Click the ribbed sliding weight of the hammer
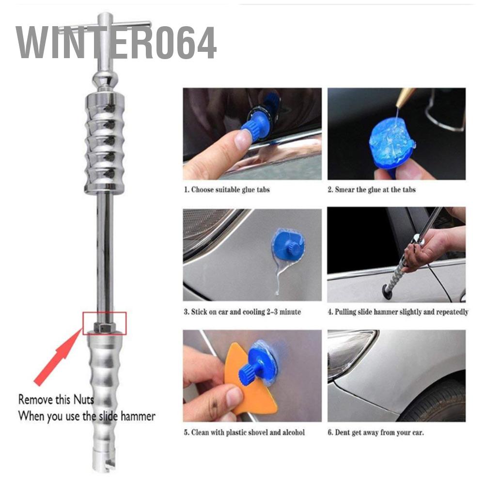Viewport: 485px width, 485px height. pos(104,143)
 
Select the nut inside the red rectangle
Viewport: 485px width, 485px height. pos(104,326)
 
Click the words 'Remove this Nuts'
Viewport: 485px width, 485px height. pos(56,400)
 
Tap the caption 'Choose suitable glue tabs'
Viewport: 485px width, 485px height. pos(226,189)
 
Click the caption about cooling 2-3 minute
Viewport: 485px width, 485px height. pos(242,312)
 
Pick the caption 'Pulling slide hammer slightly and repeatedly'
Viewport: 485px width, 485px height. pos(397,312)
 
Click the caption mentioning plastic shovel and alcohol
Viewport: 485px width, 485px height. pos(244,432)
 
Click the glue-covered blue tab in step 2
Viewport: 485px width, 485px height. pos(391,141)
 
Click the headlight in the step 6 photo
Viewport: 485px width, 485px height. pos(349,349)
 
